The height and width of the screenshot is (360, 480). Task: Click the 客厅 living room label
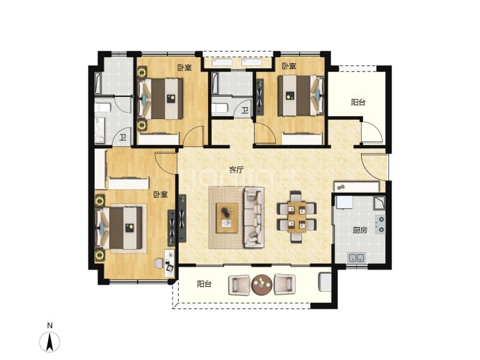click(x=237, y=169)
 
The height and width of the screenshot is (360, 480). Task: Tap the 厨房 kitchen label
click(x=360, y=230)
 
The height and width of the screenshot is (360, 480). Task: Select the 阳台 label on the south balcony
click(x=205, y=284)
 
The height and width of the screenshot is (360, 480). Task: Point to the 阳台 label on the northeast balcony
click(x=358, y=102)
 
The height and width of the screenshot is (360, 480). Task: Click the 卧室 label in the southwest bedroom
click(x=161, y=194)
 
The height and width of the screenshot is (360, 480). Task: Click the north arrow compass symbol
click(x=49, y=341)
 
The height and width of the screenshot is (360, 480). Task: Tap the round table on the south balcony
click(x=262, y=285)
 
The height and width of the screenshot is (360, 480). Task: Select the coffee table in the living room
click(x=227, y=218)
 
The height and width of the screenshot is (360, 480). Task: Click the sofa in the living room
click(x=254, y=217)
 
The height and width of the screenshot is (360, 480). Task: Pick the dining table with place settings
click(x=296, y=217)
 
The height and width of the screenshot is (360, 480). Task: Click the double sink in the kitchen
click(x=357, y=258)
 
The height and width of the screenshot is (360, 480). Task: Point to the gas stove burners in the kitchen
click(x=381, y=224)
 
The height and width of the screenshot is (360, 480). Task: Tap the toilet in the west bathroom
click(x=102, y=107)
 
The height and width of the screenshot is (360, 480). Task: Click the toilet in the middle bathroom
click(x=220, y=108)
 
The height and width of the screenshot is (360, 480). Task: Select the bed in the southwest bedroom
click(x=121, y=228)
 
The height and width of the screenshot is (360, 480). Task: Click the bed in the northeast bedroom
click(x=301, y=95)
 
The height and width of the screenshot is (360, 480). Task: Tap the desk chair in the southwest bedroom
click(x=158, y=263)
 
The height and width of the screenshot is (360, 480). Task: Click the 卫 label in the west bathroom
click(x=123, y=138)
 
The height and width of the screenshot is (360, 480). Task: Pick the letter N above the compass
click(x=49, y=325)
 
